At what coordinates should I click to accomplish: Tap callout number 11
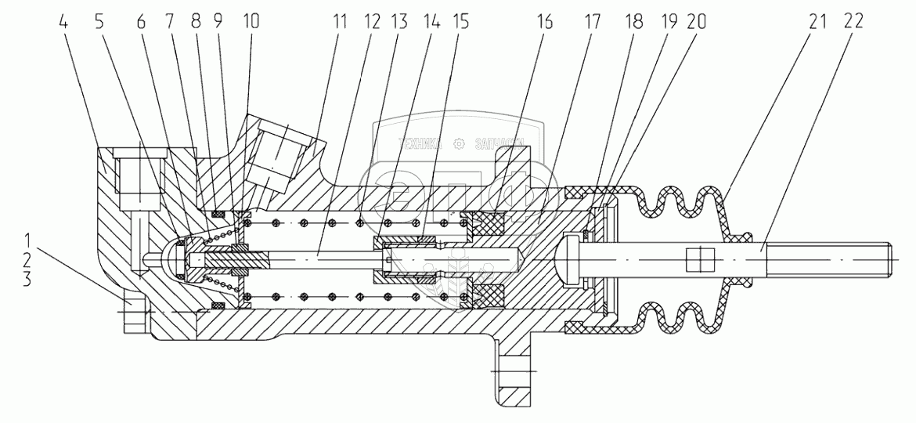[340, 22]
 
